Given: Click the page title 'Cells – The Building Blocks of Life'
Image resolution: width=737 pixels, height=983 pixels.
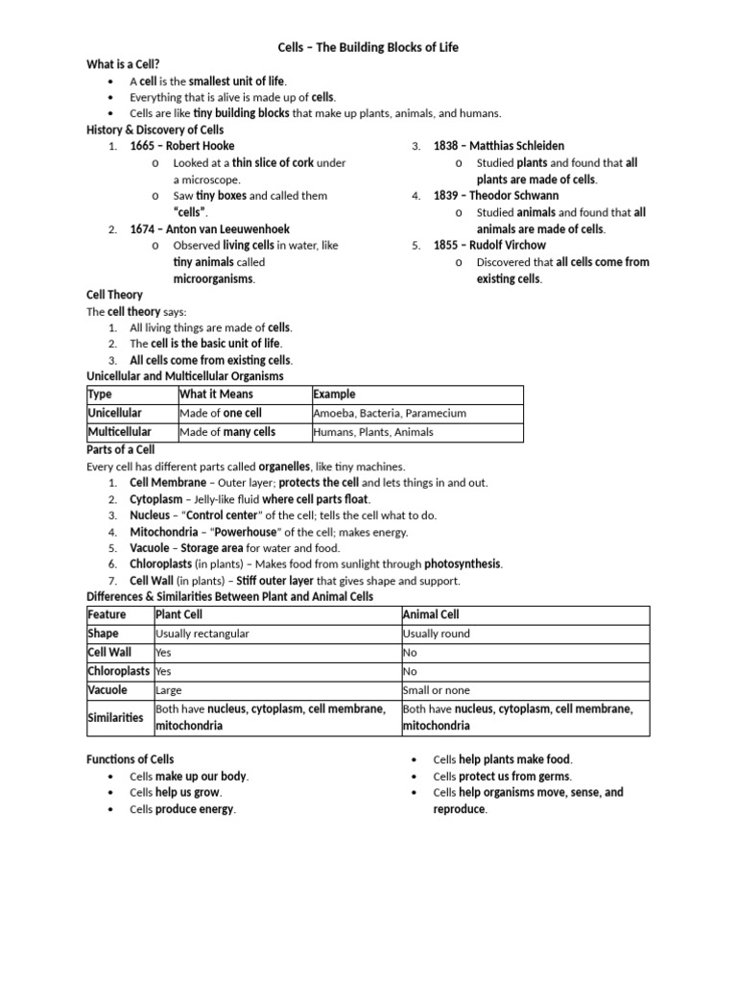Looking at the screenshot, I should [x=368, y=47].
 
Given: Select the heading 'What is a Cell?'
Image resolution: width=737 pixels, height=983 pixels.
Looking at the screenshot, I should [x=123, y=63].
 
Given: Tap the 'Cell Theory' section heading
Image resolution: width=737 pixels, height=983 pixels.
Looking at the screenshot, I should [x=114, y=295].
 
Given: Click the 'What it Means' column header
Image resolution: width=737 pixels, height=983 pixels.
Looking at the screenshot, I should [x=216, y=394].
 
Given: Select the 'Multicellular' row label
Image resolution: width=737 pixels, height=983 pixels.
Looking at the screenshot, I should [x=119, y=432].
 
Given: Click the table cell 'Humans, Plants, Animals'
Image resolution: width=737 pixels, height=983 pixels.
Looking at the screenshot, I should [x=372, y=432].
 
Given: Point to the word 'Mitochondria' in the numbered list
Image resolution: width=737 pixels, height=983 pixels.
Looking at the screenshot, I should [x=162, y=532].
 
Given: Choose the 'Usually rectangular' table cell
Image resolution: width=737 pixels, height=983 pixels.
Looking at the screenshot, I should [x=202, y=634].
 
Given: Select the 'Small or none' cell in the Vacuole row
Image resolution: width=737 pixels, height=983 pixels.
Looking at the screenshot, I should [x=437, y=690].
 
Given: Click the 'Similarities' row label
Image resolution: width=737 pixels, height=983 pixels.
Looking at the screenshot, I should [x=115, y=717].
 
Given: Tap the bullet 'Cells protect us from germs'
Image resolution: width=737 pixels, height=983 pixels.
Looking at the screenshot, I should [x=502, y=776].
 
